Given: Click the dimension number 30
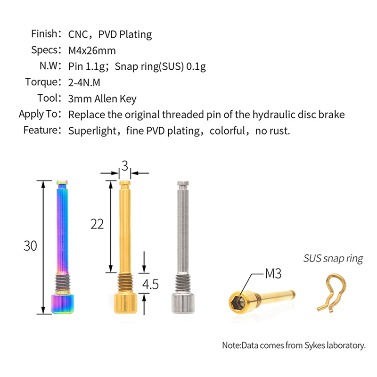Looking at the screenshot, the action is (x=30, y=246).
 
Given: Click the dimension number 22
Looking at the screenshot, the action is (x=97, y=224).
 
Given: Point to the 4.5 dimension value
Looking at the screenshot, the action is (x=150, y=285).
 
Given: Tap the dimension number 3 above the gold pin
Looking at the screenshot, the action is (x=125, y=166).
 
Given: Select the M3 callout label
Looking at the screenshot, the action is (x=273, y=273).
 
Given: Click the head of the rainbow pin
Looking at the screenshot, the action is (x=63, y=304).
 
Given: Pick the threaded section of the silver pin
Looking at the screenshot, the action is (x=183, y=284).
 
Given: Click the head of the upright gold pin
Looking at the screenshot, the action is (x=125, y=303).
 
